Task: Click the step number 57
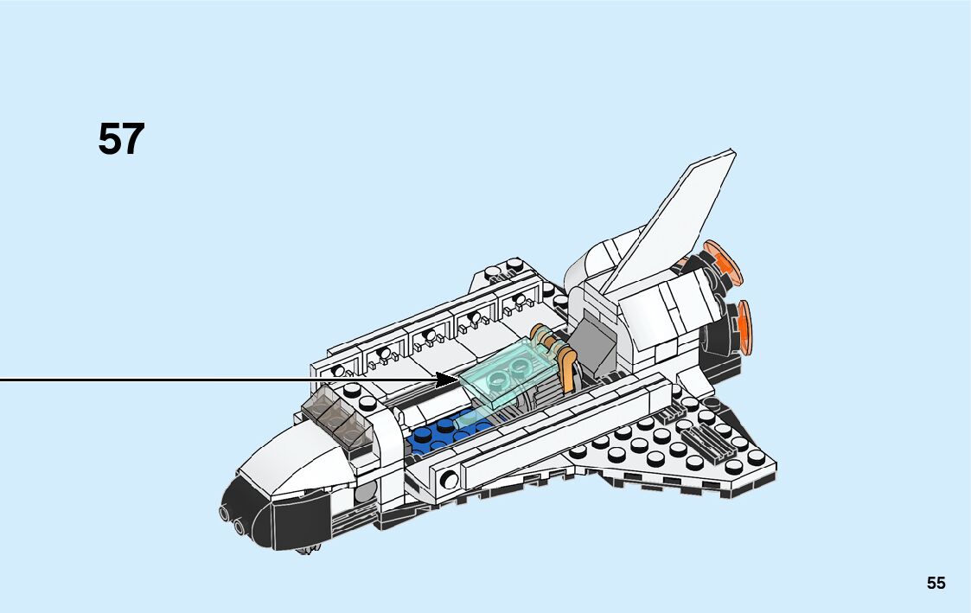pyautogui.click(x=121, y=139)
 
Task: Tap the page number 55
pyautogui.click(x=936, y=583)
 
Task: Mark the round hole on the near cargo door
pyautogui.click(x=450, y=477)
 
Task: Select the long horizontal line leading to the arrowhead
pyautogui.click(x=216, y=379)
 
